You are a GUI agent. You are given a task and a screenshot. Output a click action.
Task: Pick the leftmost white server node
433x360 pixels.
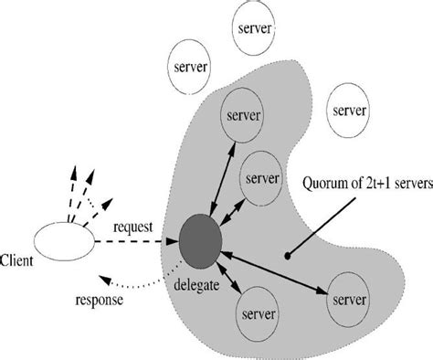189,68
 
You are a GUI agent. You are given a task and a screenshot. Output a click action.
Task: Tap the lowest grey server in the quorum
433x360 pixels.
257,315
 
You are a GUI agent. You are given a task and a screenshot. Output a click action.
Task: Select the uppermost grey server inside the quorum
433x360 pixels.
244,116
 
